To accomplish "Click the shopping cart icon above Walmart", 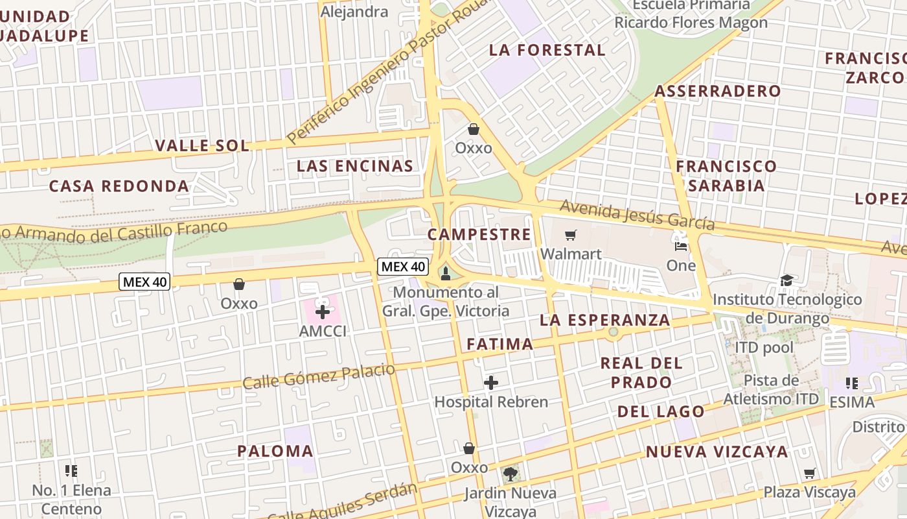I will [570, 235].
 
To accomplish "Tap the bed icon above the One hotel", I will [681, 247].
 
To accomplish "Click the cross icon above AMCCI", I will [323, 312].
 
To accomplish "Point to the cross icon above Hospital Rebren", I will [491, 383].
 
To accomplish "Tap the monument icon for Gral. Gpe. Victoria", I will [445, 274].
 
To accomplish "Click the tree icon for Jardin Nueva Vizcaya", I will [511, 474].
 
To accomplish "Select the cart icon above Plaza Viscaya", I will [809, 474].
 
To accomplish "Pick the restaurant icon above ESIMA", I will [851, 383].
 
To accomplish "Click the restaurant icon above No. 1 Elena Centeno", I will [71, 471].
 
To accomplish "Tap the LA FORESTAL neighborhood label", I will [547, 50].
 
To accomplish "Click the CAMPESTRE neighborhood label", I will [479, 234].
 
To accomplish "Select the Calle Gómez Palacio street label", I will [319, 376].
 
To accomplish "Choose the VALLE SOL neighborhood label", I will [202, 145].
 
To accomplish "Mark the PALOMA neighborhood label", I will [275, 451].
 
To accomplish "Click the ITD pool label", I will [764, 348].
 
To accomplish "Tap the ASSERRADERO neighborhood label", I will [717, 91].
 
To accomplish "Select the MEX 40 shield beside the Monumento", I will [403, 266].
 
